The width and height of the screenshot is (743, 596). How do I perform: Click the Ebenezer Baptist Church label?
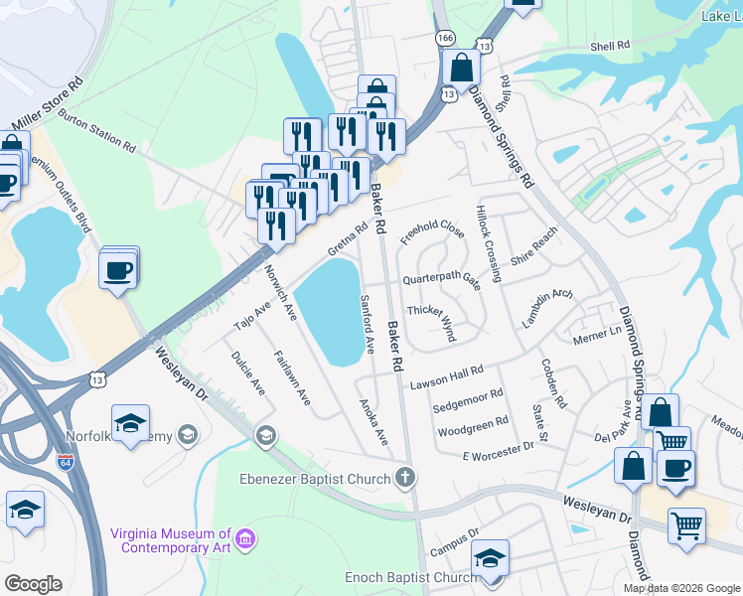[314, 479]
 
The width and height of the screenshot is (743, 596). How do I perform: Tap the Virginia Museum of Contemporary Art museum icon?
[245, 539]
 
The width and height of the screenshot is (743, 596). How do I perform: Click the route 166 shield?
[445, 37]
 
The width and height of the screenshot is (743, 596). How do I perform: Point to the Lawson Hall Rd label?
[446, 373]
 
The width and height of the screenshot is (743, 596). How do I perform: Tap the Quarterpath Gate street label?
[441, 280]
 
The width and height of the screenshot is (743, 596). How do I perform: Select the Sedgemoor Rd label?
[470, 398]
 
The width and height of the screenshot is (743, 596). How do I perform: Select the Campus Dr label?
[456, 546]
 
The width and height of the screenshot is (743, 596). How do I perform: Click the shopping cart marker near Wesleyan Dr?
[686, 524]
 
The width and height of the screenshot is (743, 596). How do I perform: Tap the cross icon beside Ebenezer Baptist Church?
[403, 478]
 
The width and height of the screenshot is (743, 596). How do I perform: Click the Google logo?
[33, 584]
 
